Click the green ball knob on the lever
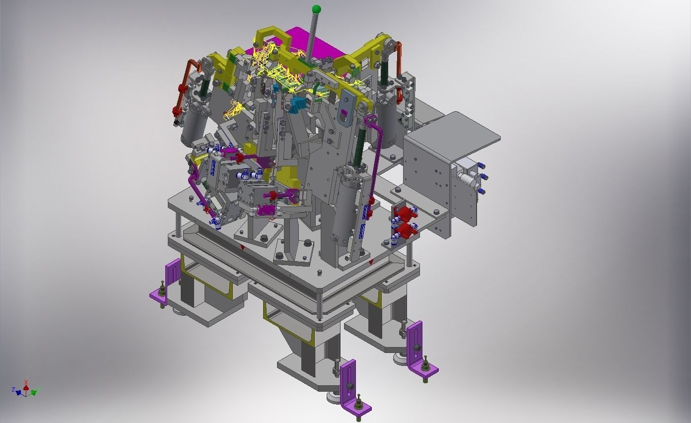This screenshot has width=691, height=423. [x=316, y=9]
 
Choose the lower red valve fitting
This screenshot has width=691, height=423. [x=406, y=230]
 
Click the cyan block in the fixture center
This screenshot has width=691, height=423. [x=298, y=105]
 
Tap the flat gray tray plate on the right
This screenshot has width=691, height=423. [x=457, y=131]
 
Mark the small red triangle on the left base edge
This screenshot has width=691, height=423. [x=242, y=247]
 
